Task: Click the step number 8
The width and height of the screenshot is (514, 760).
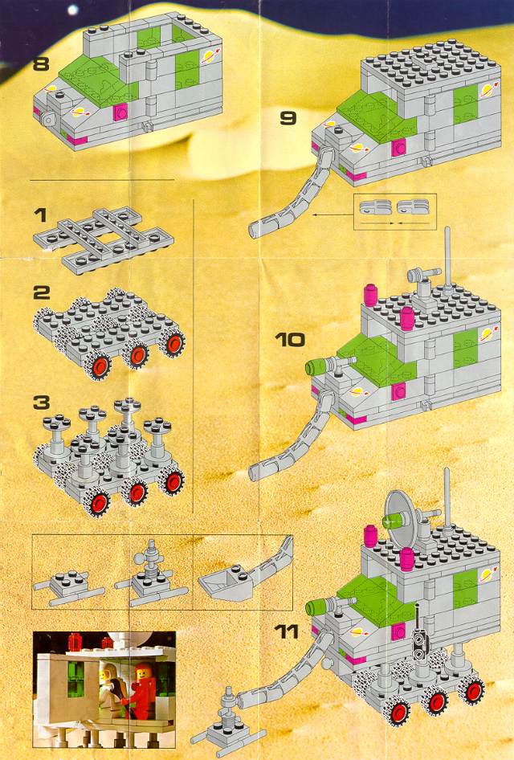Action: (41, 63)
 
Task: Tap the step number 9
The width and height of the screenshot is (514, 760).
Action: (288, 118)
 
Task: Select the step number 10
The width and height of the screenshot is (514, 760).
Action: (290, 339)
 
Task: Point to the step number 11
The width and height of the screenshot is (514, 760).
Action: (287, 631)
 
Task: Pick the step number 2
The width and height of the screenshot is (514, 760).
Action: (42, 292)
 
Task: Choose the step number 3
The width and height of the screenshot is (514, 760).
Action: (42, 402)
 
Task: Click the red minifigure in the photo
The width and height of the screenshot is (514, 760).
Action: (143, 690)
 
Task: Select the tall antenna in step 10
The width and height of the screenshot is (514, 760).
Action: (447, 257)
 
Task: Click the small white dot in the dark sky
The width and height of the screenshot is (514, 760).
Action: (72, 10)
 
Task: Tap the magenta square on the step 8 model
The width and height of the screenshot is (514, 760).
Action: (120, 112)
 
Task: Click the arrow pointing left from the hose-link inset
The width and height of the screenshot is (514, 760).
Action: (333, 214)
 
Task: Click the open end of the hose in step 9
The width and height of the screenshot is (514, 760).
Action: (254, 230)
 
